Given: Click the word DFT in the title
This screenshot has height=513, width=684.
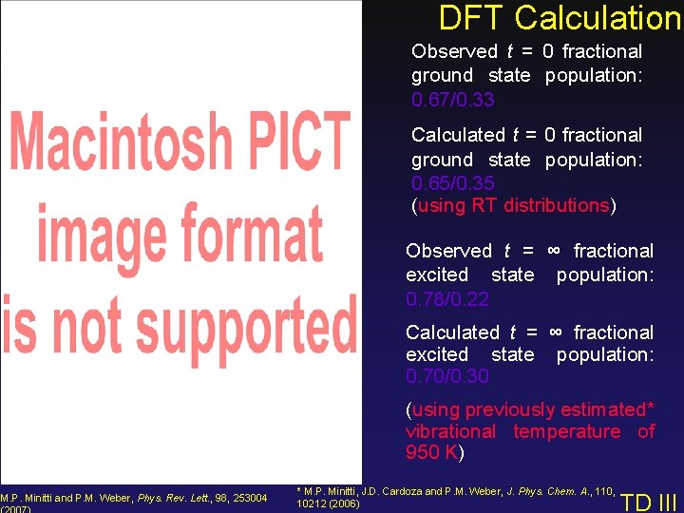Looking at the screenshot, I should coord(474,17).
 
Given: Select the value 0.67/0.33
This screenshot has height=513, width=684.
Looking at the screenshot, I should coord(452,100).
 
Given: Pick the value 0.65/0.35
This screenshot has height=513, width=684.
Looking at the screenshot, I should coord(452,183).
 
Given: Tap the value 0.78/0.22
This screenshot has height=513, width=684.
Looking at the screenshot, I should coord(446,299).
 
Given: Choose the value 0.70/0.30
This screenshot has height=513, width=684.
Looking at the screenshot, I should coord(446,376).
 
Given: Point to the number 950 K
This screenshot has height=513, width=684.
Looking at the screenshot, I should coord(432,453).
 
